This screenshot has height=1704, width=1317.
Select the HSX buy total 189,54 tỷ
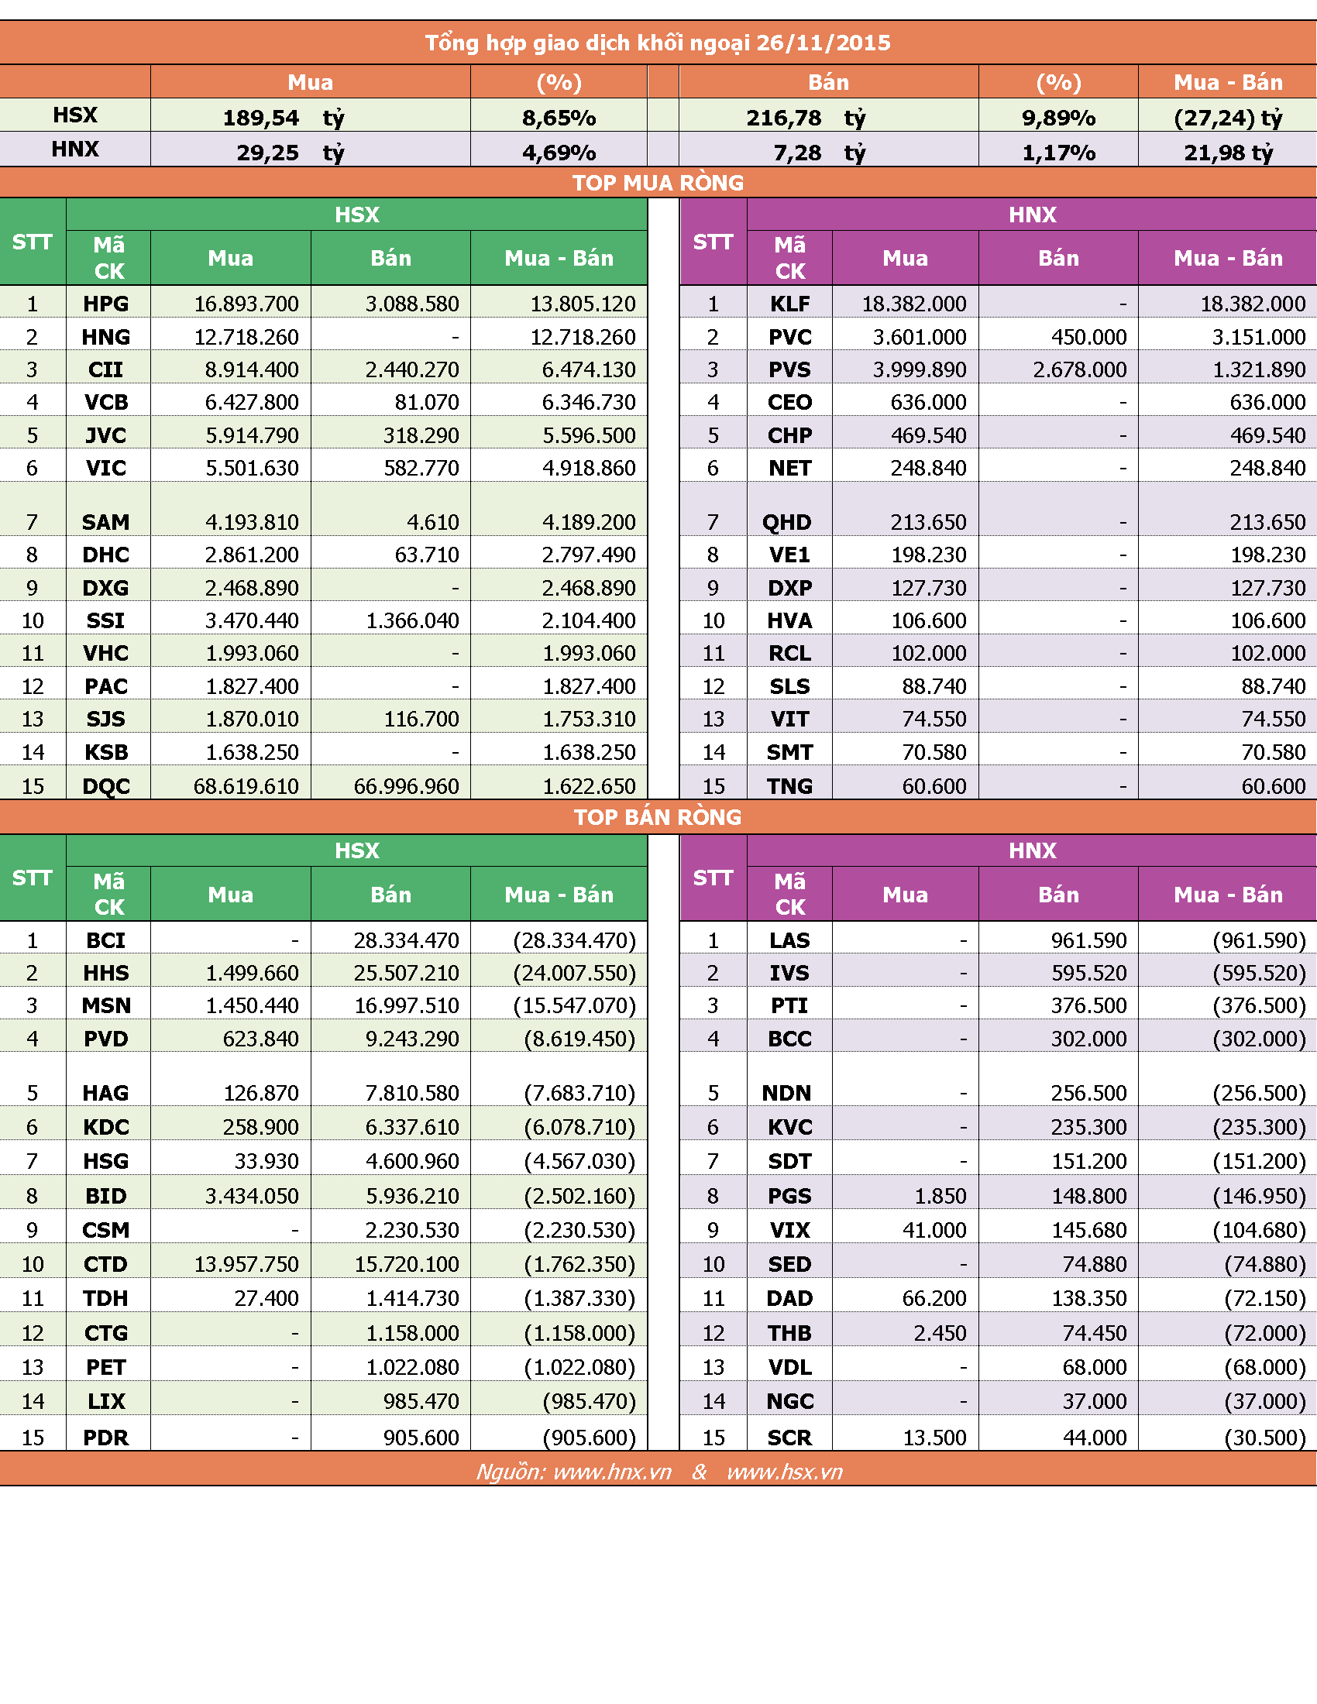pos(284,118)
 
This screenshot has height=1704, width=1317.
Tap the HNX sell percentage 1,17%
pos(1059,153)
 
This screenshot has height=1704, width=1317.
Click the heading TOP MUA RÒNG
pos(658,183)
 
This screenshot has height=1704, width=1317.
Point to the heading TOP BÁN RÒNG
pos(658,817)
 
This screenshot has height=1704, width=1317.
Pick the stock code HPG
pos(106,304)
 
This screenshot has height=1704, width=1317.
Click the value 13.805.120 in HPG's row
pos(583,304)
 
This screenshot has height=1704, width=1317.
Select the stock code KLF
pos(789,304)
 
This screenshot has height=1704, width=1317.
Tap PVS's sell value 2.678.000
pos(1080,369)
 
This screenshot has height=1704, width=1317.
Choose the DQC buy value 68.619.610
pos(246,785)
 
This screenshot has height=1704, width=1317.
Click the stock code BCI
pos(106,940)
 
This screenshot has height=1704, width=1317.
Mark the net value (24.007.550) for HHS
pos(574,973)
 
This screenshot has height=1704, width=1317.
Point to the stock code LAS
pos(789,940)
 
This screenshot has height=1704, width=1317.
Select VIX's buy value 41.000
pos(935,1230)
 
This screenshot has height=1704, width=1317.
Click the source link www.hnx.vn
pos(613,1472)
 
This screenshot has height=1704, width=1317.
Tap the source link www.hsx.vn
pos(785,1472)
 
